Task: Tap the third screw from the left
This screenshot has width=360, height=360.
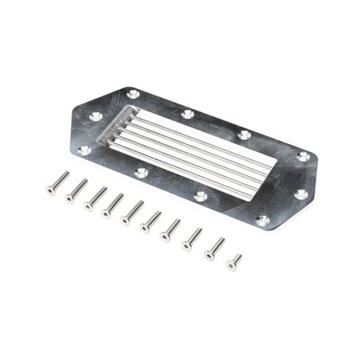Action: [x=96, y=197]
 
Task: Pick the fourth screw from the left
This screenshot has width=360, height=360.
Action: [x=114, y=204]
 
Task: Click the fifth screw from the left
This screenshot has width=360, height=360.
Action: [x=132, y=212]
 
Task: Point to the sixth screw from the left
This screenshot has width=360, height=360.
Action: [x=151, y=221]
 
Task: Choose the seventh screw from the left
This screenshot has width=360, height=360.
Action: [x=170, y=229]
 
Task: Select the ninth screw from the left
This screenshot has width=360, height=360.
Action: [x=214, y=248]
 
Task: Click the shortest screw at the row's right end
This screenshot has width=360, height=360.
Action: [x=234, y=261]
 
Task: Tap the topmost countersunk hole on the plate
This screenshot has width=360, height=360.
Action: [x=134, y=94]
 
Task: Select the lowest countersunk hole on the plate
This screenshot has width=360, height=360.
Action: [x=262, y=221]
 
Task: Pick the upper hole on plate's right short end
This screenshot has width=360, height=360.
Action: [x=303, y=156]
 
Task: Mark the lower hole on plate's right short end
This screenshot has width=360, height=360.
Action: [x=301, y=194]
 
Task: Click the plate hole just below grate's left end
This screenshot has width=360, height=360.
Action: [x=142, y=172]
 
